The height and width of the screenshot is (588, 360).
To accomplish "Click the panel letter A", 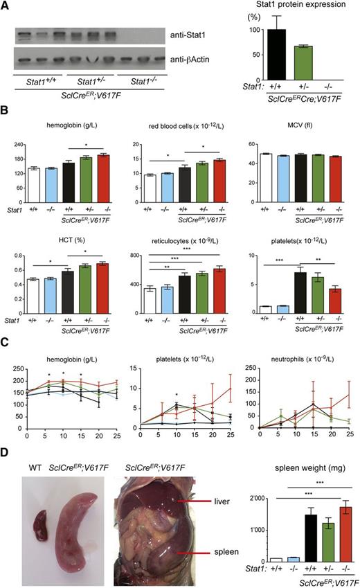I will tap(6, 6).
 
